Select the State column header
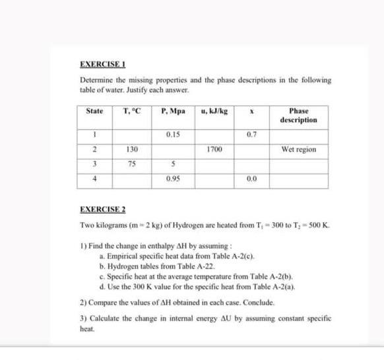pyautogui.click(x=95, y=111)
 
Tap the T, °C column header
pyautogui.click(x=129, y=111)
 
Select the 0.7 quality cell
pyautogui.click(x=250, y=135)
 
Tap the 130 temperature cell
pyautogui.click(x=129, y=150)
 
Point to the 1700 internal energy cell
pyautogui.click(x=212, y=150)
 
